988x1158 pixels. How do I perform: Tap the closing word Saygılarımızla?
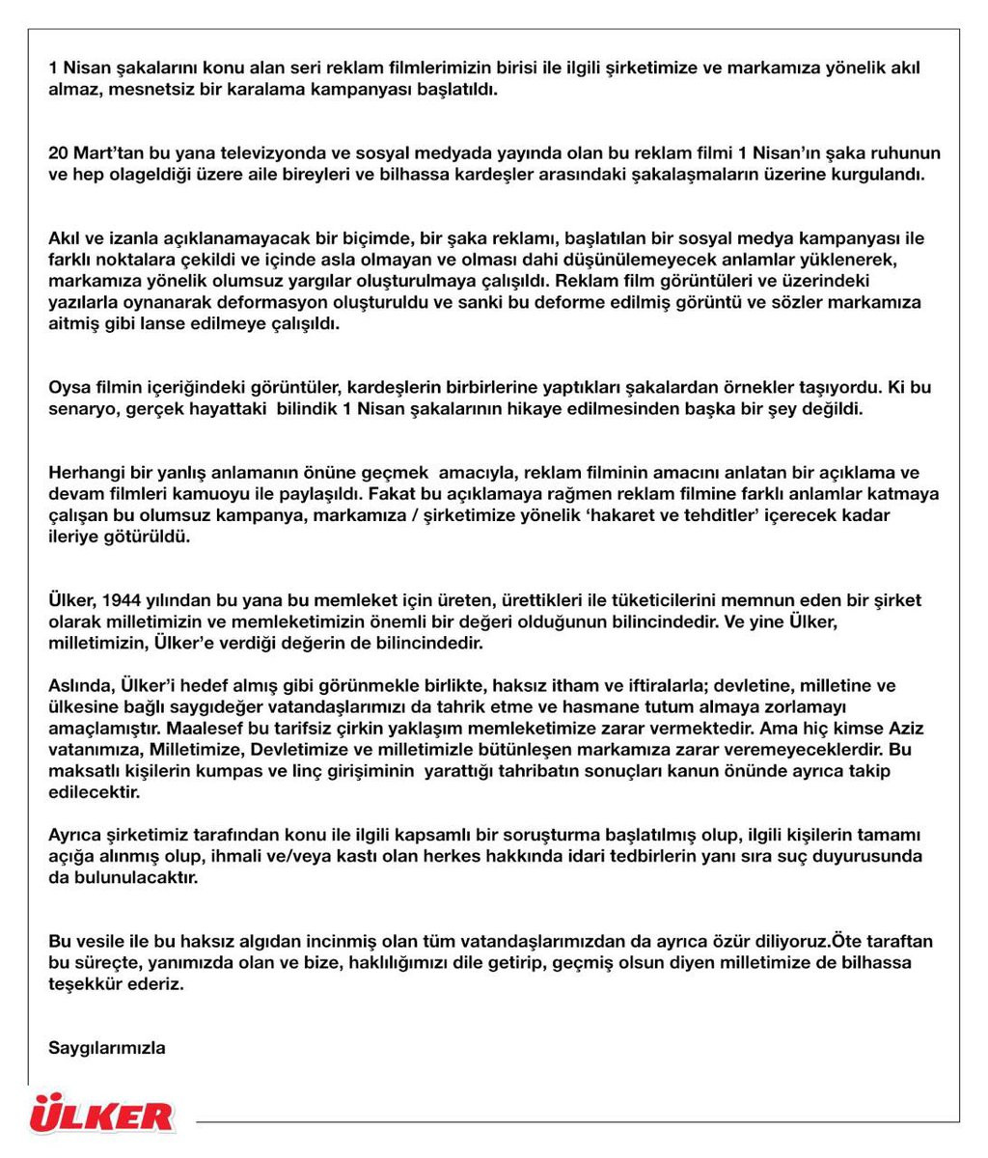pos(106,1047)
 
